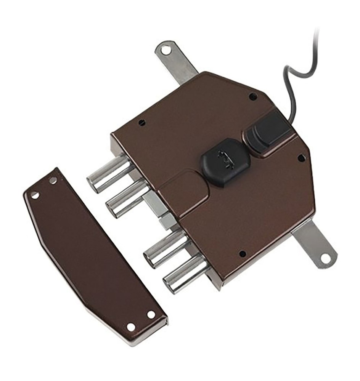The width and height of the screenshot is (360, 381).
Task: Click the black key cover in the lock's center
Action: [x=225, y=162]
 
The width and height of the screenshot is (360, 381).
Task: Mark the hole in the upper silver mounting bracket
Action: [x=166, y=50]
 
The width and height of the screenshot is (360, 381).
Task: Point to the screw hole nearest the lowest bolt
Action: [x=242, y=253]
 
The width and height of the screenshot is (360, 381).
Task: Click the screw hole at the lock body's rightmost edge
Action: [x=301, y=157]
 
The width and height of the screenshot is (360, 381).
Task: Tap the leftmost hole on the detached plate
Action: [x=35, y=195]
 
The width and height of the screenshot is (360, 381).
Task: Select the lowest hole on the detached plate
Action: [x=131, y=327]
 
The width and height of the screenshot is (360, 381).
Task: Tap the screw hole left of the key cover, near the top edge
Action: [x=142, y=122]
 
